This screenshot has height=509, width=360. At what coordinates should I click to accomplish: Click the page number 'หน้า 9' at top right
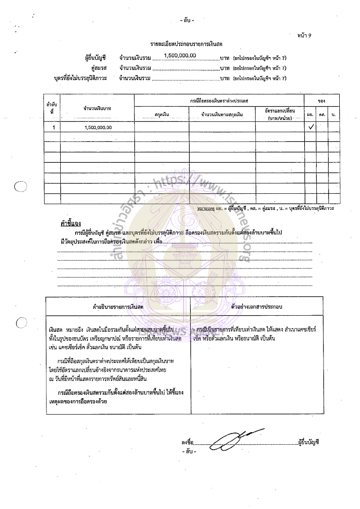tap(305, 35)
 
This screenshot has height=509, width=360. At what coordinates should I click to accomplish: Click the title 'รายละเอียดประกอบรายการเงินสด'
tap(186, 44)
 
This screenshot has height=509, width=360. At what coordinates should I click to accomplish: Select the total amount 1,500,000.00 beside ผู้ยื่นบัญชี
tap(180, 55)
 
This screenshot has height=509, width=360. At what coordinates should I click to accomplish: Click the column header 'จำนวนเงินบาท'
tap(97, 108)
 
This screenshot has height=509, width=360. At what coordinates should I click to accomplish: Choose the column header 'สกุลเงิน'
tap(162, 115)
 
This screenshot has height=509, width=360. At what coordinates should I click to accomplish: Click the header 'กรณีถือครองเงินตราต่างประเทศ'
tap(219, 99)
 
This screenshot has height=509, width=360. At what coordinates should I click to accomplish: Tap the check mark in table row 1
tap(310, 127)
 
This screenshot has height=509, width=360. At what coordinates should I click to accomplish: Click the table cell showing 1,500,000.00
tap(98, 127)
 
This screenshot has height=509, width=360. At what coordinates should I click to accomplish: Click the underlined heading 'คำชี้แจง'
tap(70, 223)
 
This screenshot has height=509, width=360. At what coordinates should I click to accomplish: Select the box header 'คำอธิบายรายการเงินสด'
tap(118, 306)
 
